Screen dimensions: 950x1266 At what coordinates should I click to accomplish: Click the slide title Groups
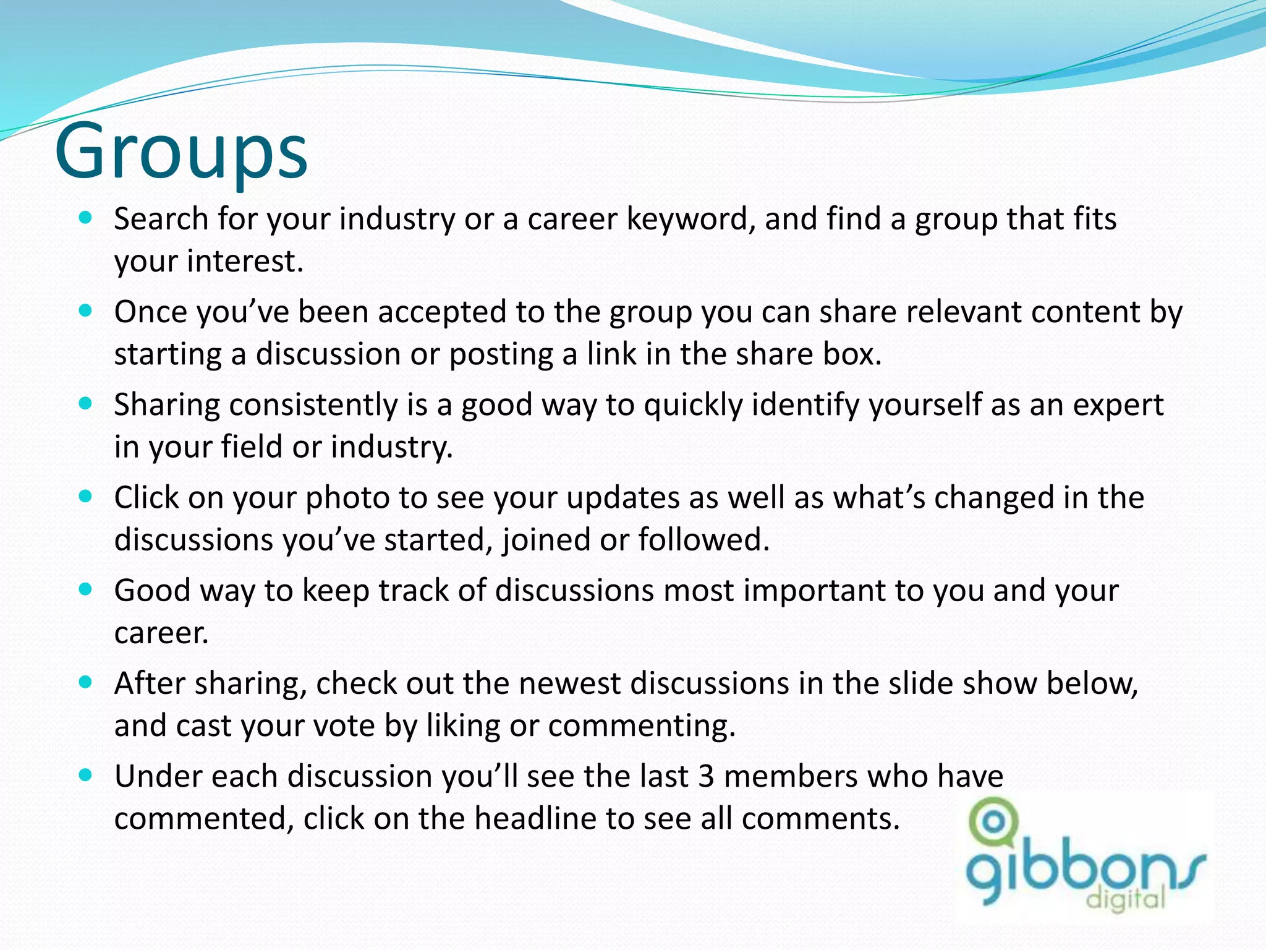pos(181,151)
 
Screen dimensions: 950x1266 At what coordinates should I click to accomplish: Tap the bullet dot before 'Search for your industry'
pos(86,218)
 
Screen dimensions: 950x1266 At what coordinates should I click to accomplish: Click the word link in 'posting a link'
pos(611,354)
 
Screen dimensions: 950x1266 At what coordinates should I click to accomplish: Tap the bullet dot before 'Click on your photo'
pos(86,496)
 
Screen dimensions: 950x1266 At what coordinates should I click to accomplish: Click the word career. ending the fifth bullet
pos(161,633)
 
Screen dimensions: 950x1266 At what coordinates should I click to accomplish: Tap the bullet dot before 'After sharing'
pos(86,682)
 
